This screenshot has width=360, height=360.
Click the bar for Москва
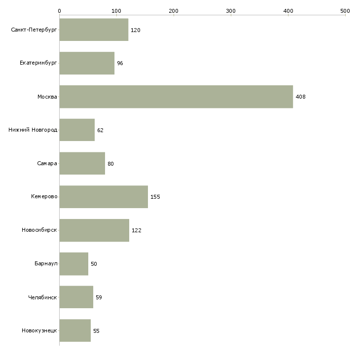[x=176, y=97]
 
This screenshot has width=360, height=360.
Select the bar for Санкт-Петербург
[x=94, y=30]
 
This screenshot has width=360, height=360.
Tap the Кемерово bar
[x=104, y=197]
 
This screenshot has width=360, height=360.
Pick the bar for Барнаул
[x=73, y=264]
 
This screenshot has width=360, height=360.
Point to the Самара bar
[x=82, y=163]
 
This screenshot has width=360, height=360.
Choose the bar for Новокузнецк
[x=75, y=330]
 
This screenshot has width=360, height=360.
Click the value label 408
[x=300, y=97]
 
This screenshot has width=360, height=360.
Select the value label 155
[x=155, y=197]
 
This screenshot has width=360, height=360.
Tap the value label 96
[x=120, y=63]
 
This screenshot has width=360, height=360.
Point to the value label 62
[x=100, y=130]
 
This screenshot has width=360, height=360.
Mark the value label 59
[x=99, y=297]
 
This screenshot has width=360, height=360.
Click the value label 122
[x=137, y=230]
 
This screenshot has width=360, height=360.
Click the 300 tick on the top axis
[x=231, y=11]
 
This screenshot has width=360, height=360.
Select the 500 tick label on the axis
[x=345, y=11]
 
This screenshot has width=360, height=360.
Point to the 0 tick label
[x=60, y=11]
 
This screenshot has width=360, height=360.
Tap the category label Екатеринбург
[x=38, y=63]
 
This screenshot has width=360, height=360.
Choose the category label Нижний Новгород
[x=33, y=130]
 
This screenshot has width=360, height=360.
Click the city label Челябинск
[x=42, y=297]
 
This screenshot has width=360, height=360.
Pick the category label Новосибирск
[x=39, y=230]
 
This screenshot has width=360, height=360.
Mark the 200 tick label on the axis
[x=174, y=11]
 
